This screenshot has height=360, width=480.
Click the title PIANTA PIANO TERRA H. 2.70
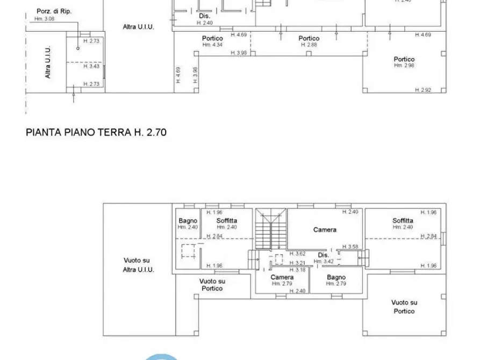click(x=96, y=131)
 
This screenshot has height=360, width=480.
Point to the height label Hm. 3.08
click(x=45, y=18)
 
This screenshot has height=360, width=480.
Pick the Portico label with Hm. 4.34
click(x=212, y=38)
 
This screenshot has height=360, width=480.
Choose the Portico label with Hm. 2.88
click(x=309, y=38)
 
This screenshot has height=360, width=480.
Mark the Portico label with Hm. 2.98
click(x=404, y=59)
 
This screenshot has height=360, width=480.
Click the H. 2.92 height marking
click(x=423, y=90)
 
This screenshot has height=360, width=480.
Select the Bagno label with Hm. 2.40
click(x=188, y=221)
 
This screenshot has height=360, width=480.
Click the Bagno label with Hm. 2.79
click(x=336, y=277)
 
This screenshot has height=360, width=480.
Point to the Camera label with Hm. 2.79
click(x=282, y=277)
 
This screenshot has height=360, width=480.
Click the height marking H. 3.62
click(x=297, y=254)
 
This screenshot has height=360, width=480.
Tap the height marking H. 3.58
click(x=353, y=247)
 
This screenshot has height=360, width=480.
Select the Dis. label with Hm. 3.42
click(x=323, y=255)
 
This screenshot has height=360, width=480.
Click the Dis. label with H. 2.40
click(x=204, y=16)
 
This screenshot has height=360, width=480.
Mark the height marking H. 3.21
click(x=297, y=263)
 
